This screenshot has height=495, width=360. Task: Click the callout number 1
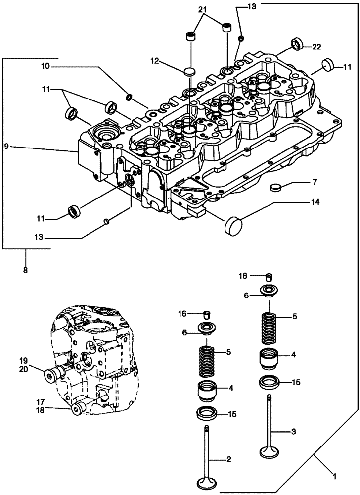[x=335, y=477]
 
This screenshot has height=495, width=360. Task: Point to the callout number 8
[x=26, y=270]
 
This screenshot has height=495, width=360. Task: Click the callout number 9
[x=6, y=146]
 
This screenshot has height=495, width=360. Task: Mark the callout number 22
[x=317, y=47]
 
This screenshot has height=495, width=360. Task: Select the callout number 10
[x=45, y=66]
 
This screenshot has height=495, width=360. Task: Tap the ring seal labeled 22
[x=297, y=44]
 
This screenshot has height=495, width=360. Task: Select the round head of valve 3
[x=270, y=451]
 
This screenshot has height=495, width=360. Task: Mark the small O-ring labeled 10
[x=129, y=96]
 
